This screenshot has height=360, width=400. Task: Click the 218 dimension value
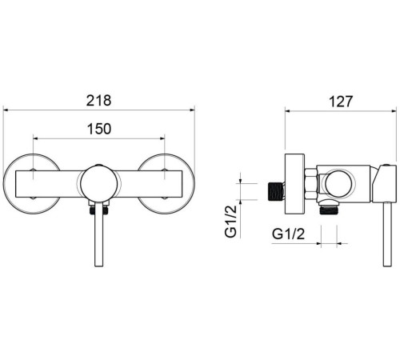click(x=98, y=101)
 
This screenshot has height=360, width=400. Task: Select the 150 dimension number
click(x=99, y=129)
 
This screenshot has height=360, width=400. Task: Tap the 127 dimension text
click(x=341, y=102)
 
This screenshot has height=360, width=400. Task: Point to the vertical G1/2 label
click(x=231, y=222)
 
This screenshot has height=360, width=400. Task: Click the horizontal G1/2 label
click(x=288, y=234)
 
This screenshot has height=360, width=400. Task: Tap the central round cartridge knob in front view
click(x=98, y=184)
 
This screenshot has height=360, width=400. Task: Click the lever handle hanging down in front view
click(x=99, y=234)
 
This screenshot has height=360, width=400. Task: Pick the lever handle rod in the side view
click(x=387, y=234)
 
